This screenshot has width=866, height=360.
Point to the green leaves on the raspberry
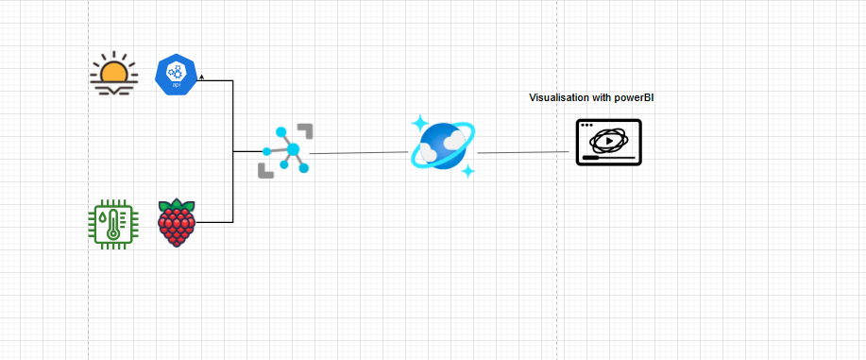coord(177,206)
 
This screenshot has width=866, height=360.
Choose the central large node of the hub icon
coord(293,149)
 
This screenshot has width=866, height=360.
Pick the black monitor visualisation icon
coord(609,143)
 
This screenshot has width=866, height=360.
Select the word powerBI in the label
coord(635,97)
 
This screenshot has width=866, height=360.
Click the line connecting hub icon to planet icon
coord(359,153)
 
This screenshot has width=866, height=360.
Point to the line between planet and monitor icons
coord(525,152)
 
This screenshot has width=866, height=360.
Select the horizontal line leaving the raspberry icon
coord(214,222)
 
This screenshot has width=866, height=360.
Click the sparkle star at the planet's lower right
coord(467,171)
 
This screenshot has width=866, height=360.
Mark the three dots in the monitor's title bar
coord(588,125)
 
